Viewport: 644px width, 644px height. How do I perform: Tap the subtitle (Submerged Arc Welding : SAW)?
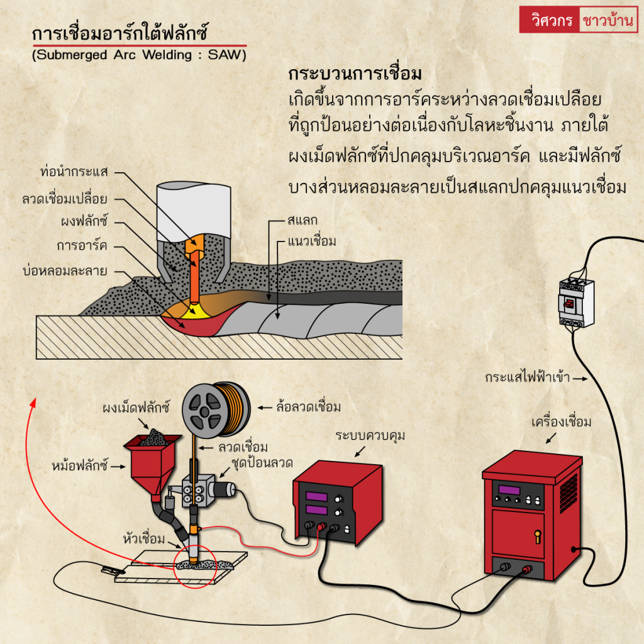point(139,55)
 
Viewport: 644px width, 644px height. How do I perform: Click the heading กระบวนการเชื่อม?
point(355,74)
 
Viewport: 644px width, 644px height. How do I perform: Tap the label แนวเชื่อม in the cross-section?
point(312,241)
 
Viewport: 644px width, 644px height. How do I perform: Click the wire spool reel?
point(214,407)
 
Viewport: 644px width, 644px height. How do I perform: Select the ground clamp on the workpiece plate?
point(109,570)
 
